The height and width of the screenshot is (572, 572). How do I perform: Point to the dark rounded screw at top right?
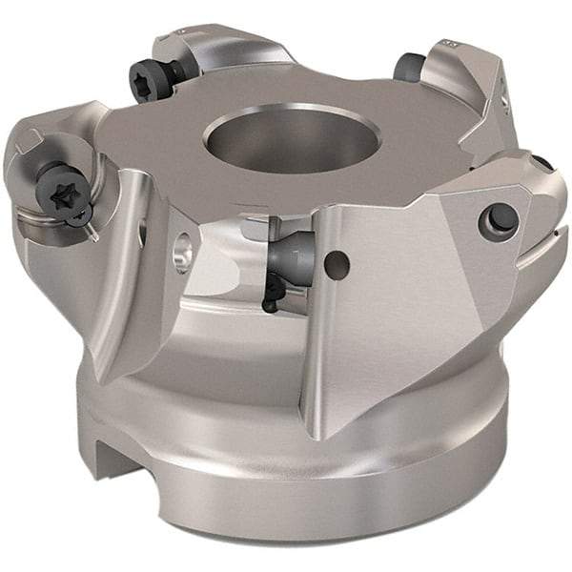(408, 68)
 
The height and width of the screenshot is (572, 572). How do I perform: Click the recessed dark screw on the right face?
(502, 219)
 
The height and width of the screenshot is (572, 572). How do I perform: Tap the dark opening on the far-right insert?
(541, 163)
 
